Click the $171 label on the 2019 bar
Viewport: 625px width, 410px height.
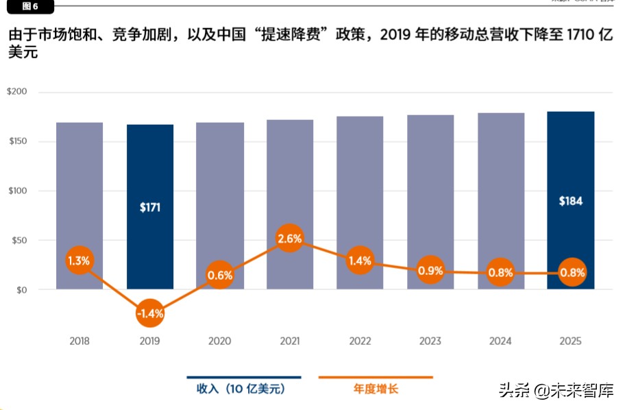[x=149, y=207]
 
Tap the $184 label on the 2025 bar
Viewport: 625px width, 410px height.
[x=570, y=202]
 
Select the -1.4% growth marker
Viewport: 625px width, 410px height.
[x=149, y=314]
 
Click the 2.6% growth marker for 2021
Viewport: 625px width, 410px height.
[x=290, y=239]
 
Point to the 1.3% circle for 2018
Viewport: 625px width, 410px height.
[x=79, y=261]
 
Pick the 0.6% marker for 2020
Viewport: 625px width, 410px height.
[x=220, y=276]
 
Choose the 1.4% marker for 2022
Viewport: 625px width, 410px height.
[x=360, y=261]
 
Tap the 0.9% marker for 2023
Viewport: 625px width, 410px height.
[x=430, y=271]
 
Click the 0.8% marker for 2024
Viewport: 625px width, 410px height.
[x=500, y=273]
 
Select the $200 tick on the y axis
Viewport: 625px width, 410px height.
[x=17, y=92]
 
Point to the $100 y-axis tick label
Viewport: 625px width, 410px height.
[x=17, y=191]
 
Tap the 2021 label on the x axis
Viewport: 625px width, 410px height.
[x=290, y=341]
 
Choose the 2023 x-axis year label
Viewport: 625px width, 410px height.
[x=430, y=341]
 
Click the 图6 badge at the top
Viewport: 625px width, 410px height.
[x=29, y=6]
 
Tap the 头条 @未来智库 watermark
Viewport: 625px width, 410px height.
[x=556, y=391]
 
